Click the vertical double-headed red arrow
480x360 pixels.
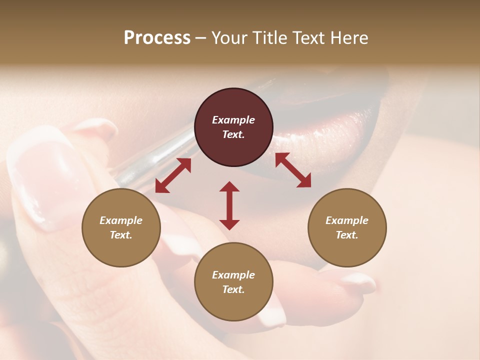[x=229, y=205]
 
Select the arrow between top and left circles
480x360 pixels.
[x=173, y=175]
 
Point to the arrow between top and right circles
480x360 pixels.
[x=293, y=170]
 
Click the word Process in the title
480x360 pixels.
[x=157, y=38]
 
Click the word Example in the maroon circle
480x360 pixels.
[x=233, y=120]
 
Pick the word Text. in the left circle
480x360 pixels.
[x=121, y=235]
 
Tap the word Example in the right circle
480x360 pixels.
[x=347, y=220]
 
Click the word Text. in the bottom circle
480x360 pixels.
[x=233, y=289]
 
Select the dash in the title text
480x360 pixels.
[x=200, y=38]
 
